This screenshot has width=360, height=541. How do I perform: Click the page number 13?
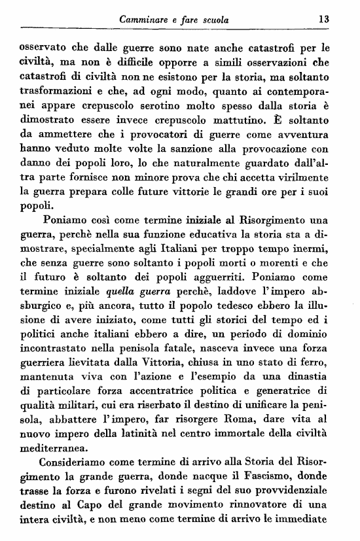pos(323,20)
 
